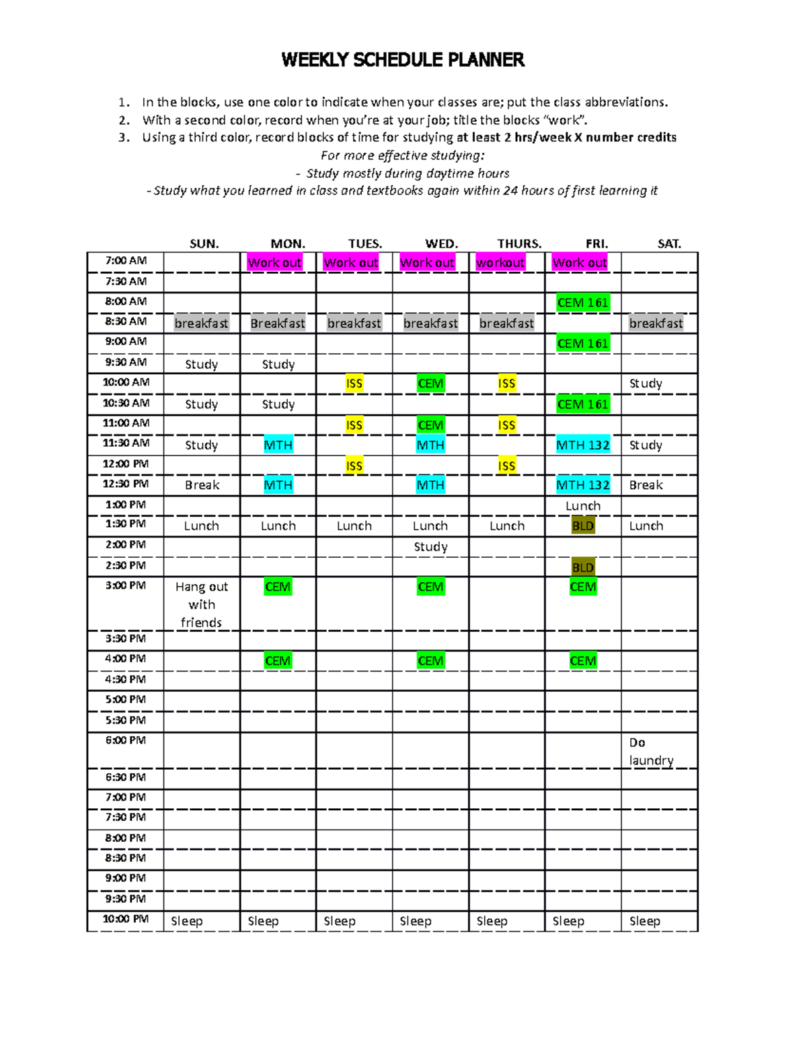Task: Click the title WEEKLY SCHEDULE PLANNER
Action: tap(403, 60)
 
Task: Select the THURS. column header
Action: tap(519, 244)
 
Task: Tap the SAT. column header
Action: tap(668, 244)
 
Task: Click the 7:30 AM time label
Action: tap(126, 281)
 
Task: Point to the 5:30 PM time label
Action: tap(126, 720)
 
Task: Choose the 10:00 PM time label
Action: tap(126, 919)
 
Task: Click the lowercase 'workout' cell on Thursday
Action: tap(500, 262)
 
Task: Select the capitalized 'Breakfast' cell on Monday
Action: tap(278, 324)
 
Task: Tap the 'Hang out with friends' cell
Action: tap(202, 604)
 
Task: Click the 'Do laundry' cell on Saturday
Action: tap(651, 752)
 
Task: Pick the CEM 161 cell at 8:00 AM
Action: tap(582, 303)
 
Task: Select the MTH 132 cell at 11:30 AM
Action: tap(583, 445)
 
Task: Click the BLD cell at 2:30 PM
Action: tap(582, 567)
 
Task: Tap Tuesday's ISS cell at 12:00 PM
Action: tap(354, 466)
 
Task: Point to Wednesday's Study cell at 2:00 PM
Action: tap(430, 546)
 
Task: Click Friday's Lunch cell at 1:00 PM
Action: tap(582, 506)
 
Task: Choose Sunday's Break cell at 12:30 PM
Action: tap(202, 485)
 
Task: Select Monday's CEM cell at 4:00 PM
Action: tap(278, 661)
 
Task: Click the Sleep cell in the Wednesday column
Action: tap(416, 921)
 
